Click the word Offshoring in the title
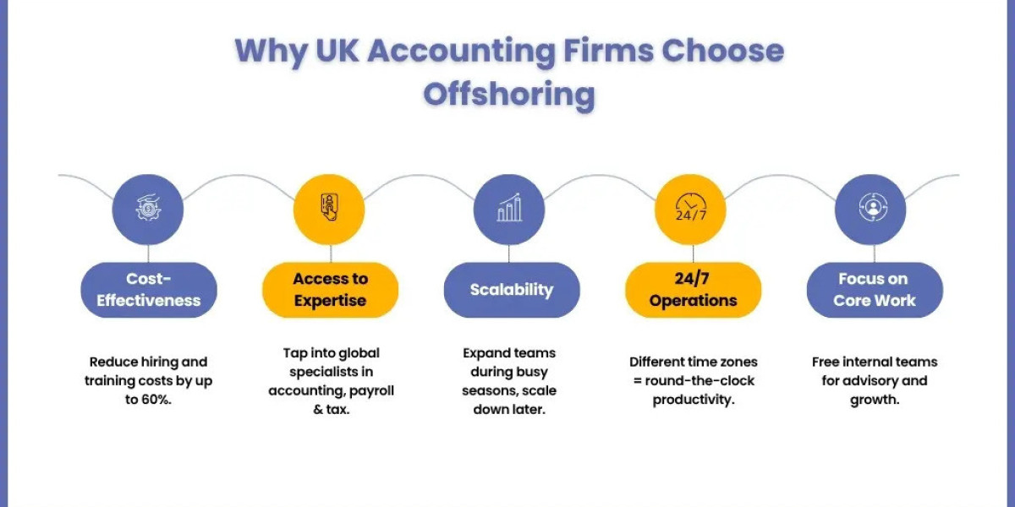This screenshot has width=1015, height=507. pyautogui.click(x=509, y=94)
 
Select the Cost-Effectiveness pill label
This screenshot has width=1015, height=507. pyautogui.click(x=149, y=290)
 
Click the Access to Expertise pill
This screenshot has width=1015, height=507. pyautogui.click(x=331, y=290)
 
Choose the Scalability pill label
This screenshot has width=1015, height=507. pyautogui.click(x=512, y=290)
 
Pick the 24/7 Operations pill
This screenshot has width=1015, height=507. pyautogui.click(x=694, y=290)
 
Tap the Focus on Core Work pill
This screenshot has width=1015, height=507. pyautogui.click(x=875, y=290)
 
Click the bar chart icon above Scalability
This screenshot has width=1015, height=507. pyautogui.click(x=509, y=208)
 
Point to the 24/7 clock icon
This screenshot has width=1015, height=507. pyautogui.click(x=690, y=207)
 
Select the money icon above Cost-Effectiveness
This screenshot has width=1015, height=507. pyautogui.click(x=148, y=208)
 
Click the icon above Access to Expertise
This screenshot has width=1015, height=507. pyautogui.click(x=329, y=207)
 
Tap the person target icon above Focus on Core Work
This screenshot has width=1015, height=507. pyautogui.click(x=873, y=207)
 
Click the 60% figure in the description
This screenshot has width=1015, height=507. pyautogui.click(x=156, y=400)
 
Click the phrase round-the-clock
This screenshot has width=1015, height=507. pyautogui.click(x=700, y=381)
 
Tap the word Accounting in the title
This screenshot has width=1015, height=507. pyautogui.click(x=461, y=52)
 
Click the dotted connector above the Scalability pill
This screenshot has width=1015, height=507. pyautogui.click(x=509, y=253)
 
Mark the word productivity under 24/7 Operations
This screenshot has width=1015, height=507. pyautogui.click(x=694, y=401)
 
